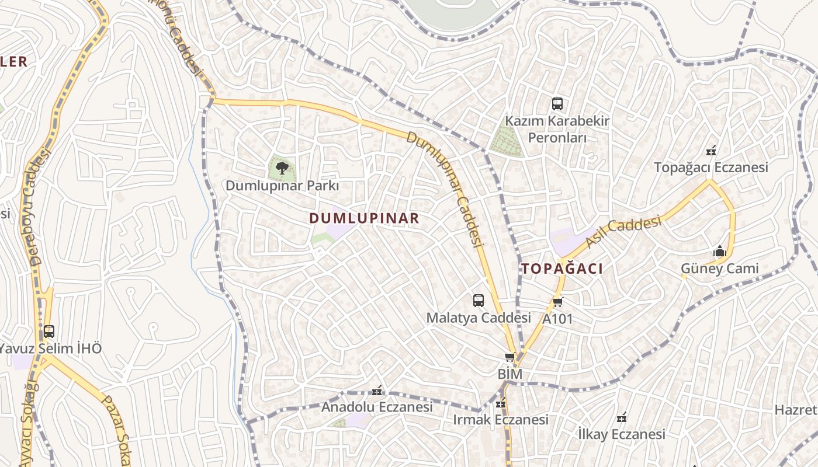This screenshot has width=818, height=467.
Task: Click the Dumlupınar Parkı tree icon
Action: click(282, 168)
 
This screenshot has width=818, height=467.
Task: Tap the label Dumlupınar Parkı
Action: click(282, 186)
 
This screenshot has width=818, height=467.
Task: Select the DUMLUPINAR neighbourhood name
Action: click(364, 218)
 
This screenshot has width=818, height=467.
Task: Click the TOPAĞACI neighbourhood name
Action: click(562, 269)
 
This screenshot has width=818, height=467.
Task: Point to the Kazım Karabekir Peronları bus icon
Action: click(557, 104)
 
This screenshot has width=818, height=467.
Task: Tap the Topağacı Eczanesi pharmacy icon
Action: click(711, 151)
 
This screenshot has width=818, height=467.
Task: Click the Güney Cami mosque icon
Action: click(720, 252)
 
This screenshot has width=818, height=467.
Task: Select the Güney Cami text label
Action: click(720, 269)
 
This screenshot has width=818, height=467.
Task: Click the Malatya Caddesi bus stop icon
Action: click(479, 301)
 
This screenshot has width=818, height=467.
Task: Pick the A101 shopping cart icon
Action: click(557, 302)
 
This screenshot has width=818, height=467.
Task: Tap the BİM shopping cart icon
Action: click(509, 357)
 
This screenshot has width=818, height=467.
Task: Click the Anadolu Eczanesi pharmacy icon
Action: click(377, 391)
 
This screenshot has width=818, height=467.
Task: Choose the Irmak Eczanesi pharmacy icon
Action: click(501, 403)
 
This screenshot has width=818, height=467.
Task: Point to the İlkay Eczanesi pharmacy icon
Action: click(622, 417)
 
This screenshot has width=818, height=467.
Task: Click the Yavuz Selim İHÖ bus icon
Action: click(49, 332)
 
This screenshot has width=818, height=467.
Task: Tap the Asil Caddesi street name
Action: click(623, 232)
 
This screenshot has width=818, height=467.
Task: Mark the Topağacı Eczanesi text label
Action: click(711, 168)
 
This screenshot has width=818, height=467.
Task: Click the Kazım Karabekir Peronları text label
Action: click(557, 129)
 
